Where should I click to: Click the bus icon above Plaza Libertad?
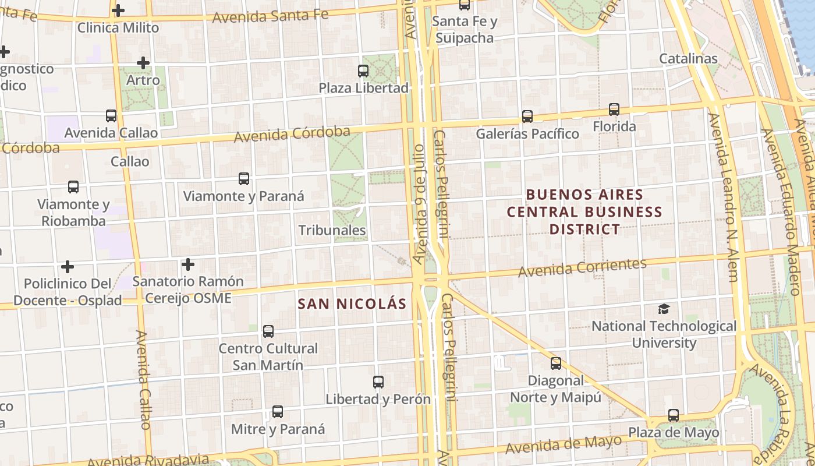[363, 71]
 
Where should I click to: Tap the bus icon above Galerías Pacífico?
[527, 116]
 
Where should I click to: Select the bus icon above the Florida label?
[614, 109]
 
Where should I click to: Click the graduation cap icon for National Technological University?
[664, 309]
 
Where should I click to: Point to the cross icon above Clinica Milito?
[118, 10]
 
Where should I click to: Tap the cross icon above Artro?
[143, 62]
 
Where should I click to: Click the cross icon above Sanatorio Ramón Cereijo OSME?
[187, 264]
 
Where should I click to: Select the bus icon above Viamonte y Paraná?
[244, 179]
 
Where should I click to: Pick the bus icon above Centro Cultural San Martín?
[268, 331]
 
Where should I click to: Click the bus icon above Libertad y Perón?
[378, 382]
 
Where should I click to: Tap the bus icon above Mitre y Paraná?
[278, 412]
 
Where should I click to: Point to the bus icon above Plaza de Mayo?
[674, 415]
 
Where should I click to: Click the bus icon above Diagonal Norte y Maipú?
[556, 363]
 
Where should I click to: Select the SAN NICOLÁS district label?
[352, 303]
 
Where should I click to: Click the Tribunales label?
[332, 230]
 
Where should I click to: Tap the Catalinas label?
[688, 58]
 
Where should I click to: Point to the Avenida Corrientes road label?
[582, 267]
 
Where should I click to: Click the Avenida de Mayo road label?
[564, 445]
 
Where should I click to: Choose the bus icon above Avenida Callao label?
[111, 115]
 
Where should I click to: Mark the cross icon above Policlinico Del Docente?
[68, 267]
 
